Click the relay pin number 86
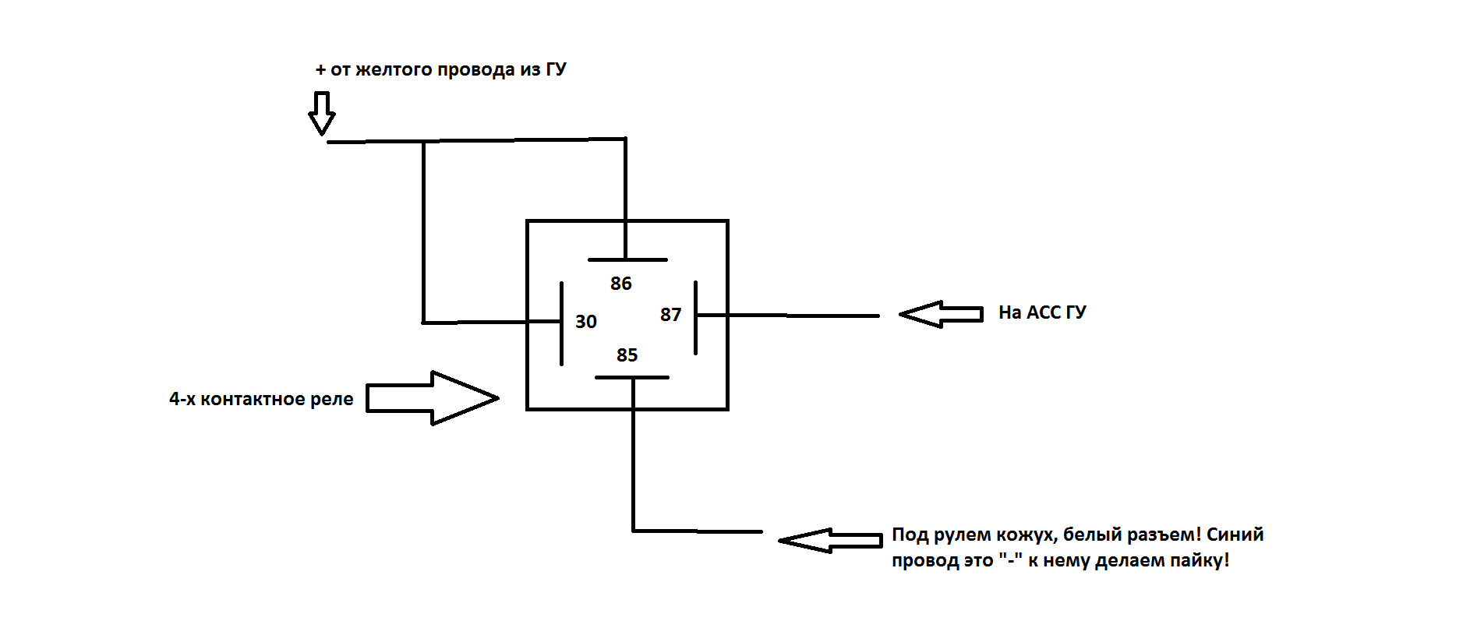coord(620,284)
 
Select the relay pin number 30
coord(585,322)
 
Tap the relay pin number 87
coord(670,315)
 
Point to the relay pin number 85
coord(627,355)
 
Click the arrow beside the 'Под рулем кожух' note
coord(830,540)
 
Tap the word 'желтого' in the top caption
coord(394,69)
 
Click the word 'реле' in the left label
coord(332,399)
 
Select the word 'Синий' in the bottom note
coord(1235,535)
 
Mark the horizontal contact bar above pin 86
coord(627,259)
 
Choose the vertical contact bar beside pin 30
coord(561,323)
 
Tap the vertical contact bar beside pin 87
coord(695,318)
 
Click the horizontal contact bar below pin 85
coord(631,377)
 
